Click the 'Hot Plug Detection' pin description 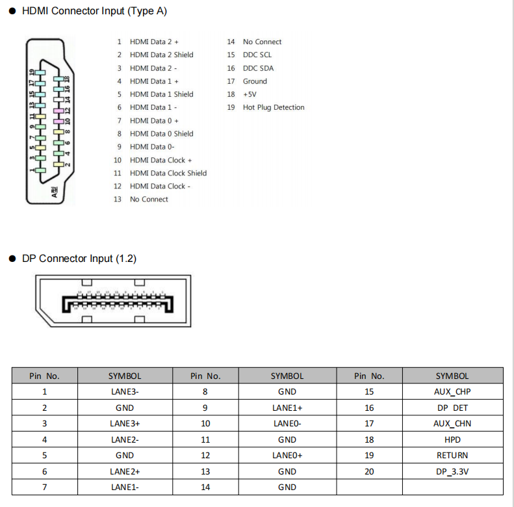274,107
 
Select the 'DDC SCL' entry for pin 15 257,55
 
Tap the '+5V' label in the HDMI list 250,94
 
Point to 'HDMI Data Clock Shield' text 168,173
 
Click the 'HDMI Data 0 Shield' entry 162,134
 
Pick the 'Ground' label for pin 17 255,81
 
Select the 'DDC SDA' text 258,68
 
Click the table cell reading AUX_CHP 452,392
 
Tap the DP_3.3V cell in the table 452,471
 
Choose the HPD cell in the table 452,439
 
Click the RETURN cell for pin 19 452,456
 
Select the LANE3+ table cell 125,424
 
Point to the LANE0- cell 287,424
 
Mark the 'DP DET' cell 452,408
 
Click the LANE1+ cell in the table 287,408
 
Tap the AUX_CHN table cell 452,424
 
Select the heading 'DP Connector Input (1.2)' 79,259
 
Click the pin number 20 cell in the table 369,471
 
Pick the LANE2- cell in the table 125,439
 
